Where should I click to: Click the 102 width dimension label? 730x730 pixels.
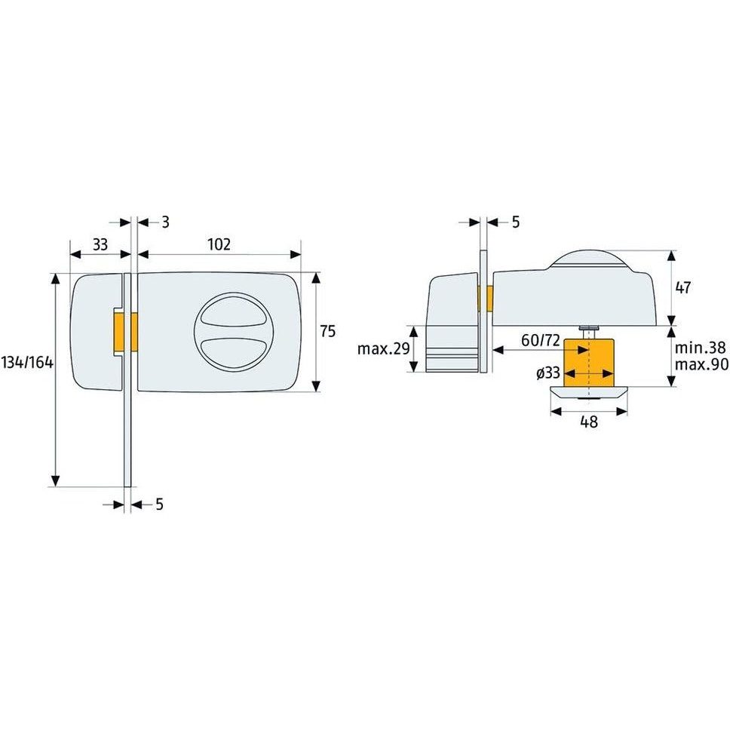tap(219, 244)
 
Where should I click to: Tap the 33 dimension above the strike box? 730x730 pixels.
tap(100, 244)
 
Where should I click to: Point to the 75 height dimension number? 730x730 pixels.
tap(327, 331)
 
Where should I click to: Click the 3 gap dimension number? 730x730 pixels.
tap(165, 222)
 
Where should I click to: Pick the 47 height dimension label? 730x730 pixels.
tap(684, 287)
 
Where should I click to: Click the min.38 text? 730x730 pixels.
tap(701, 348)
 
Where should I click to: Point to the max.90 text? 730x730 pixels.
tap(701, 365)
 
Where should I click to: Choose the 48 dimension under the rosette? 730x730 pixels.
tap(589, 423)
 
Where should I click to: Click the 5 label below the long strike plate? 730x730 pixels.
tap(159, 505)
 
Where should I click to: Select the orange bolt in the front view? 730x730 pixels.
tap(125, 332)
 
